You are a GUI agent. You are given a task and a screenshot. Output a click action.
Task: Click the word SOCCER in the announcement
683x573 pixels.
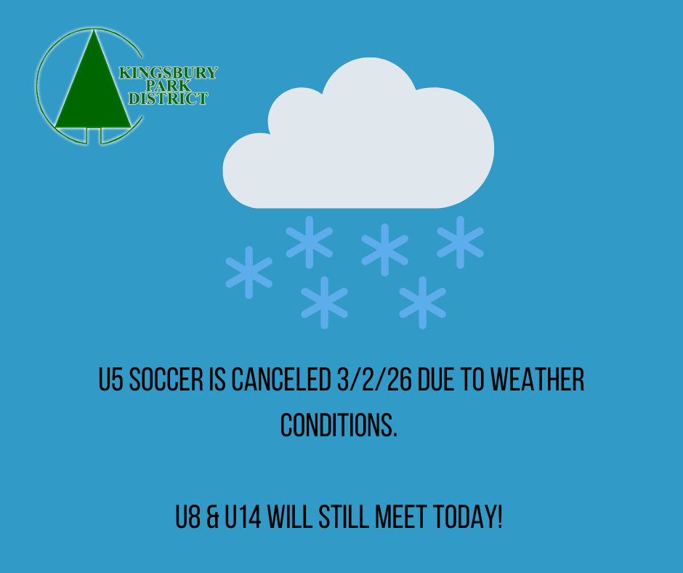click(x=166, y=380)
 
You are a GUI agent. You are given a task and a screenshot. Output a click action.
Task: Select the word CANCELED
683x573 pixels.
click(x=281, y=380)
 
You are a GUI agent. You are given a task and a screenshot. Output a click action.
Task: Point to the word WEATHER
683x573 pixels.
click(x=538, y=380)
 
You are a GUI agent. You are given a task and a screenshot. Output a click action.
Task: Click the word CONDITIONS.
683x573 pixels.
click(x=339, y=425)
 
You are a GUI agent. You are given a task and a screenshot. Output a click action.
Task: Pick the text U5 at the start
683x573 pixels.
click(x=111, y=380)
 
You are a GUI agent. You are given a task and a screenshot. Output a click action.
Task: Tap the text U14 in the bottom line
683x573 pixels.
click(x=243, y=517)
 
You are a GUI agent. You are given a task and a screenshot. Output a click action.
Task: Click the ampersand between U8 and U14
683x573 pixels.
click(x=213, y=517)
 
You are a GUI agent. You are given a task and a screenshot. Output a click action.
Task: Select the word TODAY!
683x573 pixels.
click(x=468, y=517)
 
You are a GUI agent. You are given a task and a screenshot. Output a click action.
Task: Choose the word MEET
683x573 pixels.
click(x=401, y=517)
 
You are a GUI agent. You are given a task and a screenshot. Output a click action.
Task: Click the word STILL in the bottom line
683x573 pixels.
click(x=344, y=517)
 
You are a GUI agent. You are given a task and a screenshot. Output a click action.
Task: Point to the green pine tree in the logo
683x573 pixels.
click(x=93, y=87)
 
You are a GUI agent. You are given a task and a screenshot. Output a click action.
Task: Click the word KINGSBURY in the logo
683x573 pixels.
click(x=169, y=73)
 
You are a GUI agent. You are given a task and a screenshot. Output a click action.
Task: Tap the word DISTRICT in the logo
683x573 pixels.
click(x=168, y=99)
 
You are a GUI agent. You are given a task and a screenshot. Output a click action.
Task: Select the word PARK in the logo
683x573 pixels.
click(x=168, y=86)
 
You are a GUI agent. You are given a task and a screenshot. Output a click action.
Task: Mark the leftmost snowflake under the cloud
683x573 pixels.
click(x=249, y=273)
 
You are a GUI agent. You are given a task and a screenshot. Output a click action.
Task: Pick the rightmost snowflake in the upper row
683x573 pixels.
click(x=461, y=242)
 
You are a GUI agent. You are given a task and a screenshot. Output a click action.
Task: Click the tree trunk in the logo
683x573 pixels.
click(x=94, y=135)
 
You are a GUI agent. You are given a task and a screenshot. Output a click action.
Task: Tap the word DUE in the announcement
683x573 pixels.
click(x=435, y=380)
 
